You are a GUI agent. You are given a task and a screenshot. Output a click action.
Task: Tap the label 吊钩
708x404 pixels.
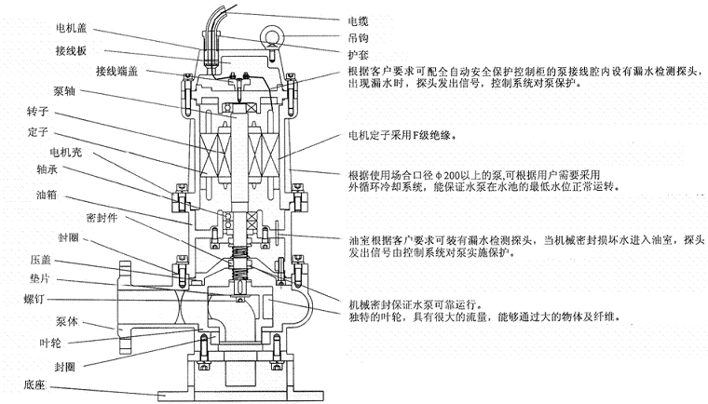(x=358, y=36)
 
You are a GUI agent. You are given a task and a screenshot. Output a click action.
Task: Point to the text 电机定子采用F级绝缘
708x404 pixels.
(x=403, y=132)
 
